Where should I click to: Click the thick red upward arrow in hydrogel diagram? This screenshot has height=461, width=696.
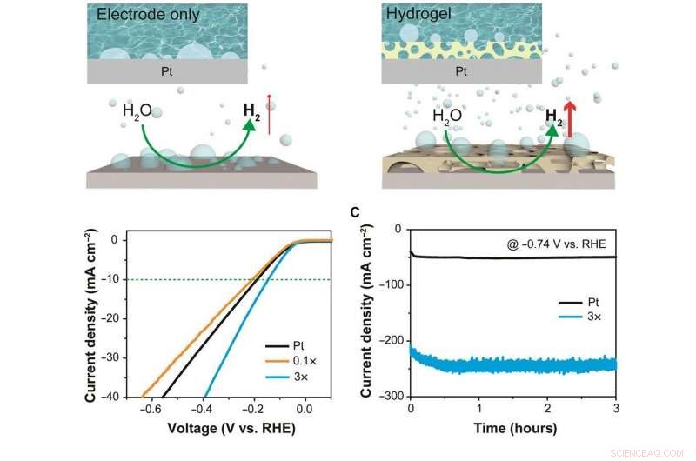point(571,118)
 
